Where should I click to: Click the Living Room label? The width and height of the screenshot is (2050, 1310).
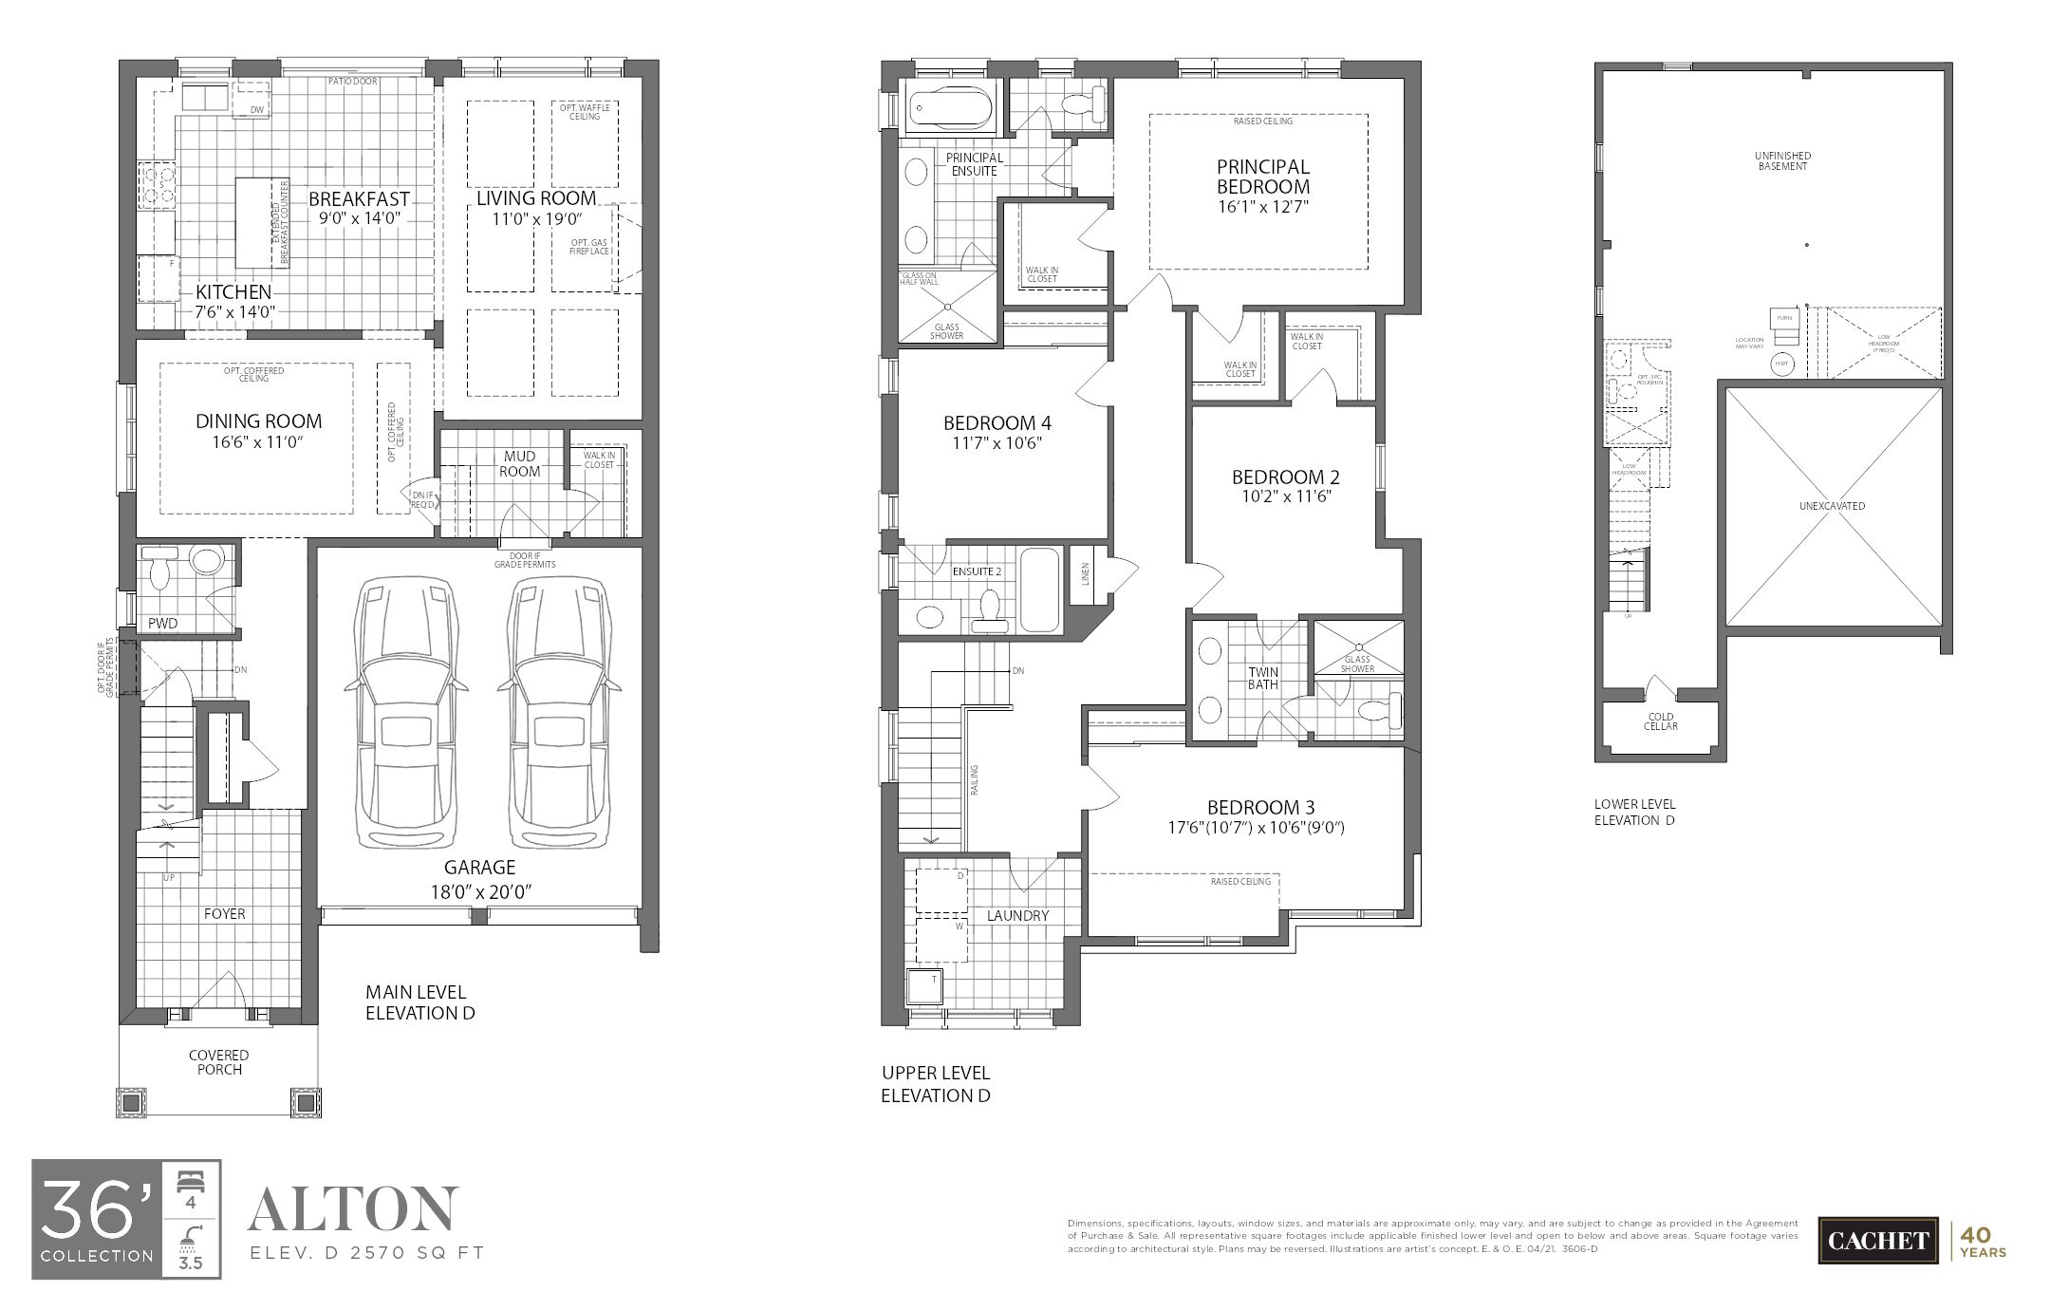(x=536, y=198)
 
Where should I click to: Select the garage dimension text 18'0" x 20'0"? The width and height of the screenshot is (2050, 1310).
(x=480, y=891)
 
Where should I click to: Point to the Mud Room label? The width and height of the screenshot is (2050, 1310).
(x=519, y=464)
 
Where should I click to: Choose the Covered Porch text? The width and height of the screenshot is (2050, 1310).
(x=219, y=1062)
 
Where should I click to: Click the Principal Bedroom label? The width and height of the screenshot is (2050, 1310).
(x=1263, y=177)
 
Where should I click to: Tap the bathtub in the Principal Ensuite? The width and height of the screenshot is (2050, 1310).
(x=948, y=108)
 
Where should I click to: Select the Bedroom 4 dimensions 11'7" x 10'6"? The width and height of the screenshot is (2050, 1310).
(x=997, y=442)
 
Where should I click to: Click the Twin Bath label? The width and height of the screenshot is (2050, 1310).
(x=1263, y=679)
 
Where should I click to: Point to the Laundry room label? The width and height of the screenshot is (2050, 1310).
(x=1017, y=915)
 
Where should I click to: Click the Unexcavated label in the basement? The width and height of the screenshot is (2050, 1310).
(x=1832, y=506)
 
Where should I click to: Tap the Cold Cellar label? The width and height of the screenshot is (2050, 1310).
(x=1661, y=721)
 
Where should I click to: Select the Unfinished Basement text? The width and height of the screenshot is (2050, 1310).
(x=1782, y=160)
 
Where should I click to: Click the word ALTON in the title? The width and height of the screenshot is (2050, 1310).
(x=353, y=1208)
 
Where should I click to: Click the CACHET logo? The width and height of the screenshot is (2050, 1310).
(x=1877, y=1240)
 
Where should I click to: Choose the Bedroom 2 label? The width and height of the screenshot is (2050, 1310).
(x=1285, y=477)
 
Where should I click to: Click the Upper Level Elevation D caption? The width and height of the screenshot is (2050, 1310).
(x=936, y=1084)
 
